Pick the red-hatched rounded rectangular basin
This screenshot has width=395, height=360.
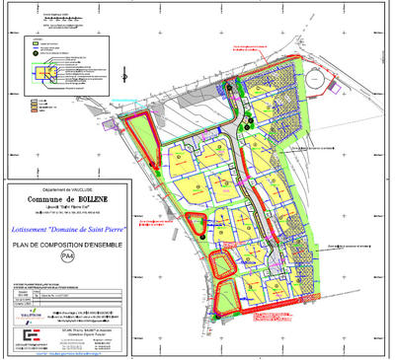click(x=223, y=262)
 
